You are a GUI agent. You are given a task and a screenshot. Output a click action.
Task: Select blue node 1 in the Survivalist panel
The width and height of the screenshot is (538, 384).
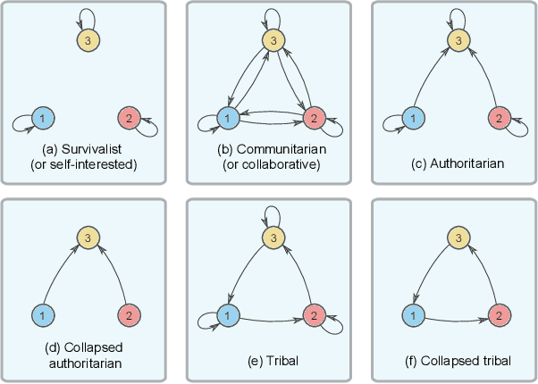tap(41, 118)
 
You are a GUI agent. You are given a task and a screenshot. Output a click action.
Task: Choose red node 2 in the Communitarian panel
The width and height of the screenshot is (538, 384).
tap(313, 118)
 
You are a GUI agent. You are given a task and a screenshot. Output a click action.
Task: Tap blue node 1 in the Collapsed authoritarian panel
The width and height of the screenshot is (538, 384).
tap(41, 315)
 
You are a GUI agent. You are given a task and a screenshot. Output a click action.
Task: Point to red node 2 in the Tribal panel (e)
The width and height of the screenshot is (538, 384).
tap(313, 315)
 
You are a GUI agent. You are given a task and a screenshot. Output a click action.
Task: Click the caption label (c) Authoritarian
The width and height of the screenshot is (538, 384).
tap(455, 164)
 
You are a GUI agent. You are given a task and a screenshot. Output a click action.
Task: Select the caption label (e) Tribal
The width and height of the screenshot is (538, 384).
tap(270, 361)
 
